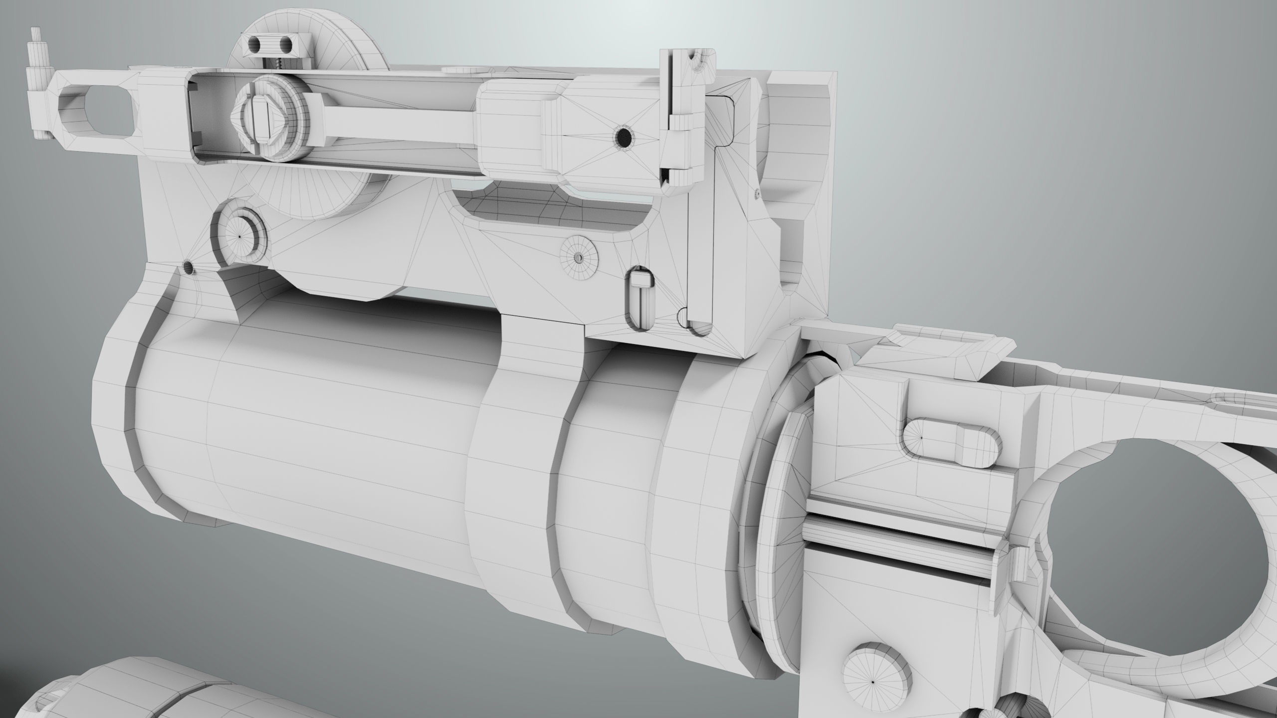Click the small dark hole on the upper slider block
click(624, 136)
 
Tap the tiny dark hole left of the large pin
click(189, 268)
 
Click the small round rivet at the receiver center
click(579, 257)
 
